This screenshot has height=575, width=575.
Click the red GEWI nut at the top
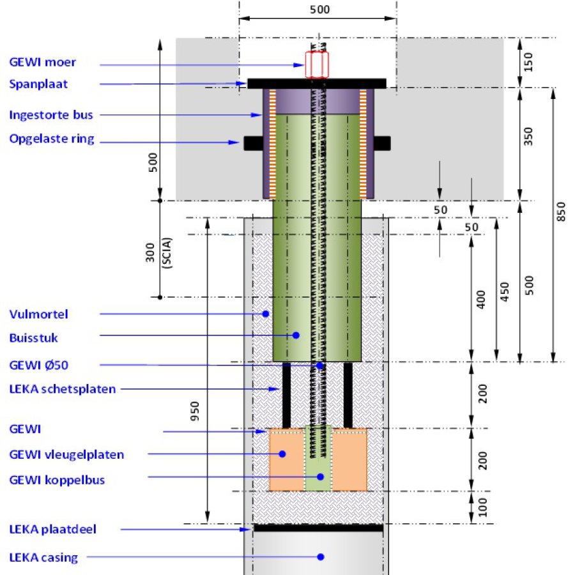[317, 65]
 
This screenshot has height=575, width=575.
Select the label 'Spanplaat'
[38, 84]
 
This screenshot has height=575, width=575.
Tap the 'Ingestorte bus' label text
[51, 115]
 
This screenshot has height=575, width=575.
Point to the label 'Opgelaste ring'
[52, 139]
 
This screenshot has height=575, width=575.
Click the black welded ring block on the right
[382, 143]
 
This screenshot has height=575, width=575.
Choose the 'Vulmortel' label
[38, 314]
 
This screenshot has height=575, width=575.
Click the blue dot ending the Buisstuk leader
[296, 335]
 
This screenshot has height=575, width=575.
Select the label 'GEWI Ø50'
[38, 365]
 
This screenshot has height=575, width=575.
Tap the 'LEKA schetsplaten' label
[63, 389]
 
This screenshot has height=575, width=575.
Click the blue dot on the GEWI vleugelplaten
[282, 454]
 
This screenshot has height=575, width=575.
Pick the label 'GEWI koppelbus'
[57, 480]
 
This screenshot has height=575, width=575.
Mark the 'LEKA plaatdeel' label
[53, 530]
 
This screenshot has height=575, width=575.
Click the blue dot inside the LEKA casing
[321, 556]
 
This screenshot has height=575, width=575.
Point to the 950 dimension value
[195, 411]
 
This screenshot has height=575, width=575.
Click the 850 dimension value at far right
[561, 211]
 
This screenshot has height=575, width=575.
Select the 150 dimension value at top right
[528, 62]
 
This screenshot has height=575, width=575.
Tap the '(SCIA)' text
[167, 254]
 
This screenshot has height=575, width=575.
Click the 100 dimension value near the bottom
[482, 507]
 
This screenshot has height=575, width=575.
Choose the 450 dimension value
[505, 292]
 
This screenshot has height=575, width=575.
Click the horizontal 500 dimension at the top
[320, 10]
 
